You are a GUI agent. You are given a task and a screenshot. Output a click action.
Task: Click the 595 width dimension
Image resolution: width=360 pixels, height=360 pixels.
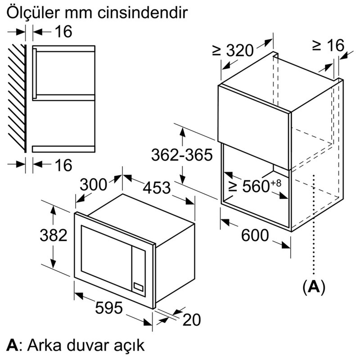click(x=109, y=308)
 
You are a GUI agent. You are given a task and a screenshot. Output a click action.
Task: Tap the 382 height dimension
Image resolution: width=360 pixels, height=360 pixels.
click(x=54, y=235)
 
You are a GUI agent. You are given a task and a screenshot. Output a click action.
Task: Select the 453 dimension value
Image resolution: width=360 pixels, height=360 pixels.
click(x=157, y=187)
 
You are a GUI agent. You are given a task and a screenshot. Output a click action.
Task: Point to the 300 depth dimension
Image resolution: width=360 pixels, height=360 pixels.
click(x=94, y=184)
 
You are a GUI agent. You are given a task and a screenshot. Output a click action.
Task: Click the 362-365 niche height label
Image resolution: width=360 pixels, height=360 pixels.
click(x=182, y=155)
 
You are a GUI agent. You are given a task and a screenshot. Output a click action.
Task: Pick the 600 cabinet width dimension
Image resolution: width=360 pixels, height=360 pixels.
click(x=255, y=235)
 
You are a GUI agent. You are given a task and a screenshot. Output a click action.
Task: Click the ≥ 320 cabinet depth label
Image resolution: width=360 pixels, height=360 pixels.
click(x=233, y=50)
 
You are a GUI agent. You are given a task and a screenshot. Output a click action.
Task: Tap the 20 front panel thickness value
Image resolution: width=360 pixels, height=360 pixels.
click(x=192, y=319)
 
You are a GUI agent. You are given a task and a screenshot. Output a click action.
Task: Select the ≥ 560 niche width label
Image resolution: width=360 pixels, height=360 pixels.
click(x=255, y=186)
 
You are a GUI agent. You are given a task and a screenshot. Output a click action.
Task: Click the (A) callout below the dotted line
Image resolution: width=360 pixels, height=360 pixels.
click(x=314, y=287)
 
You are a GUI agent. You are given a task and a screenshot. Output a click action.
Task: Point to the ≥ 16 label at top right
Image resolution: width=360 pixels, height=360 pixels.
click(x=328, y=45)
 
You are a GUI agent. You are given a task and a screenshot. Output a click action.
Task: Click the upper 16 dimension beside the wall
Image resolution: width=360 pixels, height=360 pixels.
click(x=63, y=31)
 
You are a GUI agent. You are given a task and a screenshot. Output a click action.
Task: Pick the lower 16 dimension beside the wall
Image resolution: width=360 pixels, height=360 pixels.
click(x=63, y=165)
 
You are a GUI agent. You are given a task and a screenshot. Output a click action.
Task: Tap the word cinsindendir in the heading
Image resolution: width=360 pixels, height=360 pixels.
click(x=143, y=12)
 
